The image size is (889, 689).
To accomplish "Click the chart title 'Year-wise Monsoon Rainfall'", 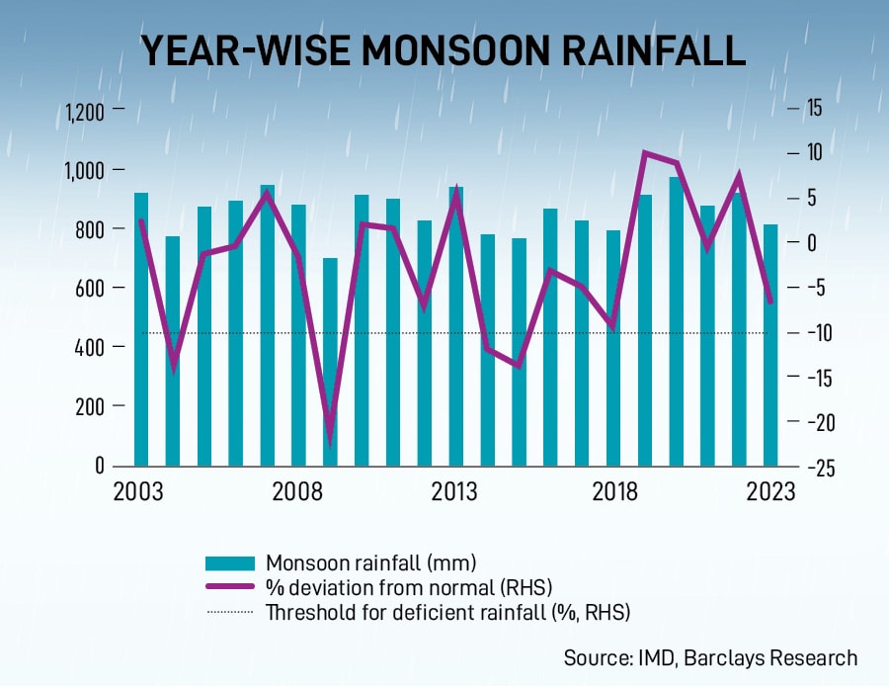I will tap(444, 50).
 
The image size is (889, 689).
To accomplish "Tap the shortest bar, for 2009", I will tap(330, 362).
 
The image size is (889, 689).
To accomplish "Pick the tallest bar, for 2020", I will tap(676, 321).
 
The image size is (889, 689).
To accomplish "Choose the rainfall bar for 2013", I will tap(455, 326).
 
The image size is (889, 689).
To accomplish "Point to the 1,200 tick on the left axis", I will tap(84, 111).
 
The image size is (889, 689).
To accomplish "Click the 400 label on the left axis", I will tap(90, 347).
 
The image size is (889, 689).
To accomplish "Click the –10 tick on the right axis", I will tap(820, 333).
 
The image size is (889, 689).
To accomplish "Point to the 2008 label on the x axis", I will tap(298, 491).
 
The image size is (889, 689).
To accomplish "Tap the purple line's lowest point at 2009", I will tap(330, 442).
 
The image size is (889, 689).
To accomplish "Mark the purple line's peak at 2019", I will tap(645, 153).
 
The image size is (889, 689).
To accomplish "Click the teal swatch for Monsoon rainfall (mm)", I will tap(231, 563).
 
